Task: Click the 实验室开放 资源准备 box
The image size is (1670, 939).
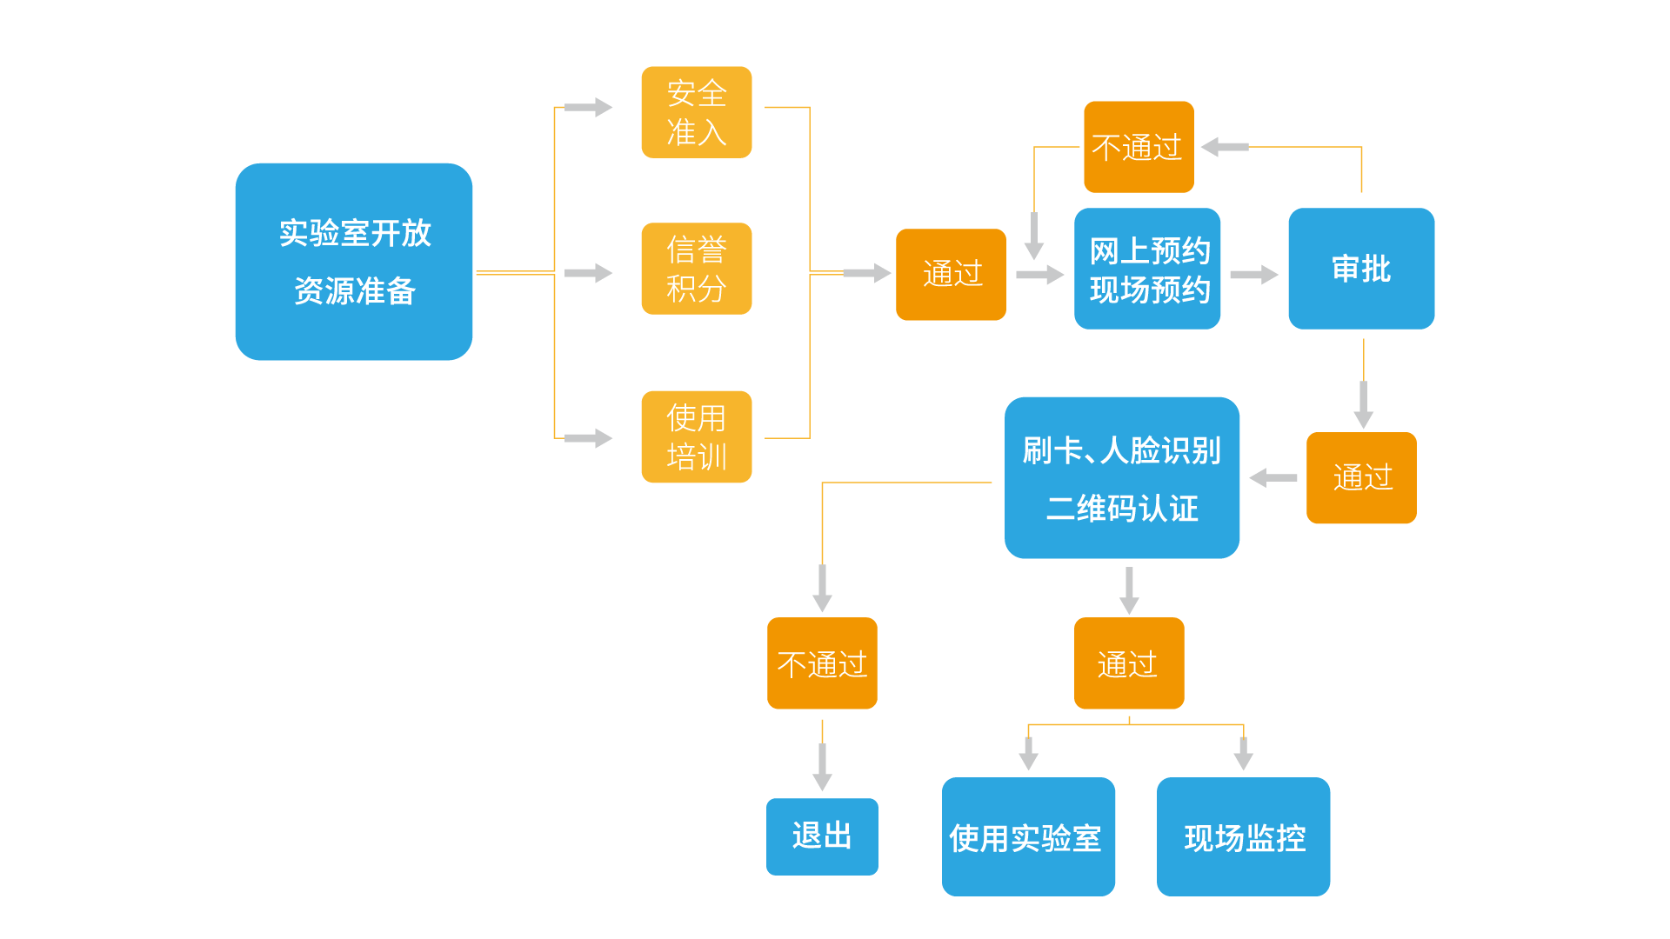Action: [353, 262]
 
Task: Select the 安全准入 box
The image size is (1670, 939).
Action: [696, 112]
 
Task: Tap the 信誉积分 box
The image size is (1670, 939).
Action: [696, 269]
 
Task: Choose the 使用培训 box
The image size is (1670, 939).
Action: [696, 436]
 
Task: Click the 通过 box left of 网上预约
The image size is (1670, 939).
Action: [951, 275]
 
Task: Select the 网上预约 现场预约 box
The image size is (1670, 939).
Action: [1146, 269]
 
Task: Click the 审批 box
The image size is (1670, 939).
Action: [1361, 269]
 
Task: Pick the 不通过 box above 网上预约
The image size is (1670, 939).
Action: [1139, 147]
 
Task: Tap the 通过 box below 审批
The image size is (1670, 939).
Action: [1361, 477]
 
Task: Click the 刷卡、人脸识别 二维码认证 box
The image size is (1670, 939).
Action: [1121, 477]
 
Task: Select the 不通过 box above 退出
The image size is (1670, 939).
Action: [822, 663]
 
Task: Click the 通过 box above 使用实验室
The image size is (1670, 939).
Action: [1128, 663]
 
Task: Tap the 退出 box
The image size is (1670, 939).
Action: [822, 836]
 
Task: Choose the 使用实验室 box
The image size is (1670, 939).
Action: [1028, 836]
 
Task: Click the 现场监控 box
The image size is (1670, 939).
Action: [1243, 836]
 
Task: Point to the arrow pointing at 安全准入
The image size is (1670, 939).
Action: [588, 108]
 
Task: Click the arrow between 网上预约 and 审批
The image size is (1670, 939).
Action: [1253, 275]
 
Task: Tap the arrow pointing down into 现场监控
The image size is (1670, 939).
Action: [1243, 753]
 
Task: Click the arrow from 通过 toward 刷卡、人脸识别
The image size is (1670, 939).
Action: [1273, 477]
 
